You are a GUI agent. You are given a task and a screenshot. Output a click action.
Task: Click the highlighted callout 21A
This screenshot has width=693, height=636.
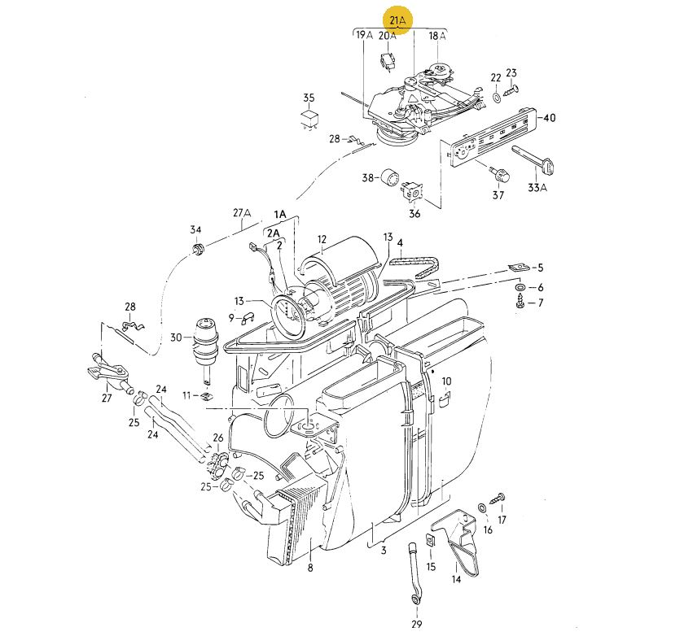point(397,20)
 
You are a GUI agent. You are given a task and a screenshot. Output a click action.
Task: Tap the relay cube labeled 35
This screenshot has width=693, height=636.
point(309,117)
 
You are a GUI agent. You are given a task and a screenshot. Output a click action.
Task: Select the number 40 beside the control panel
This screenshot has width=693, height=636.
point(549,118)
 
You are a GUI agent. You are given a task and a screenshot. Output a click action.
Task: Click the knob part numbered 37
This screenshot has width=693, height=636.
point(500,174)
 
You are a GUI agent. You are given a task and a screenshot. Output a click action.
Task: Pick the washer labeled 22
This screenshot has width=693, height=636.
point(496,97)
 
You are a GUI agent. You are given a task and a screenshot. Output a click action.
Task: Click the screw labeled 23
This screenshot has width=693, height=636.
point(511,90)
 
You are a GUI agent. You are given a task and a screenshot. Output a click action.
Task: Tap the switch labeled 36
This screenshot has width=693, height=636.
point(412,190)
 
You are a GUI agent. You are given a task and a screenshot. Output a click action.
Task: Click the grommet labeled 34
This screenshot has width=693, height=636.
point(197,249)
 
